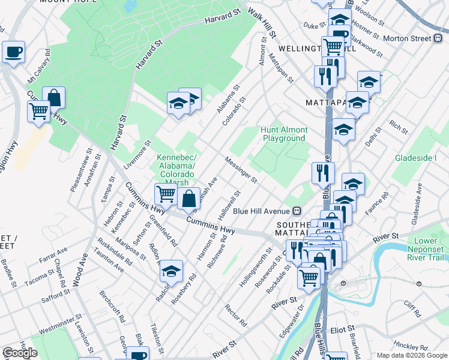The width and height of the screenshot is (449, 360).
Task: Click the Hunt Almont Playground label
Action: coord(285,134)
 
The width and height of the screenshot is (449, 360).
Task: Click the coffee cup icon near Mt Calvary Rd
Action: coord(13,51)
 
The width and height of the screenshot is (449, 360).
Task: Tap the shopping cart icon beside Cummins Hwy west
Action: coord(38,110)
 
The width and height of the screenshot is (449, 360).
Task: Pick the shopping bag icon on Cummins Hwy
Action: coord(188,197)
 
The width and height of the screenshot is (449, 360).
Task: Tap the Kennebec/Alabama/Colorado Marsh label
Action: coord(176,170)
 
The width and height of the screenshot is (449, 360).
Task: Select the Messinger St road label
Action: coord(241,170)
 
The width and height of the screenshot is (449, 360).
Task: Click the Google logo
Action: coord(20,353)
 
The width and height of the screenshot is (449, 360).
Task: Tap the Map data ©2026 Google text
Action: coord(412,355)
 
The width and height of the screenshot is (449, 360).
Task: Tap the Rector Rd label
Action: coord(235,316)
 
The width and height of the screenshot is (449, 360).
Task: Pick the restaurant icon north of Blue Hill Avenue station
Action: coord(323,173)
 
